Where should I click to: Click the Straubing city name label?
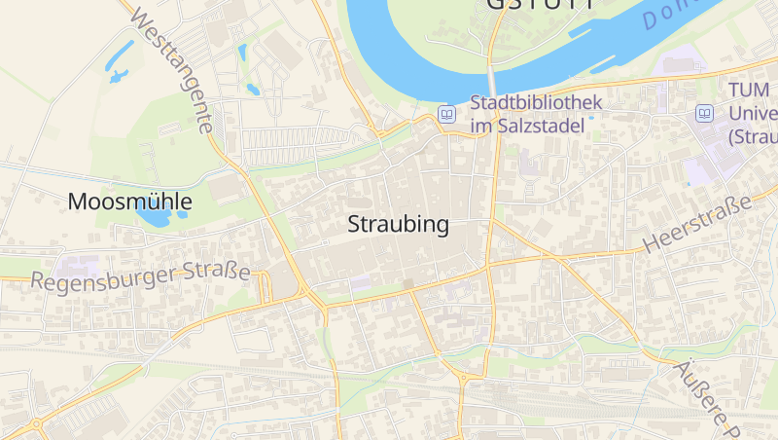point(399,225)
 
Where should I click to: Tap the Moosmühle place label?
point(129,202)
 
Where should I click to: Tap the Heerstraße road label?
point(697,224)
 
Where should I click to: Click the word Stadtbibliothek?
point(536,102)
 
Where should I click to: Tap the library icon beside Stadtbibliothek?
point(446,114)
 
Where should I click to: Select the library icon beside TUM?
point(704,114)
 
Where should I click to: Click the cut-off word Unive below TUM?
point(753,112)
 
